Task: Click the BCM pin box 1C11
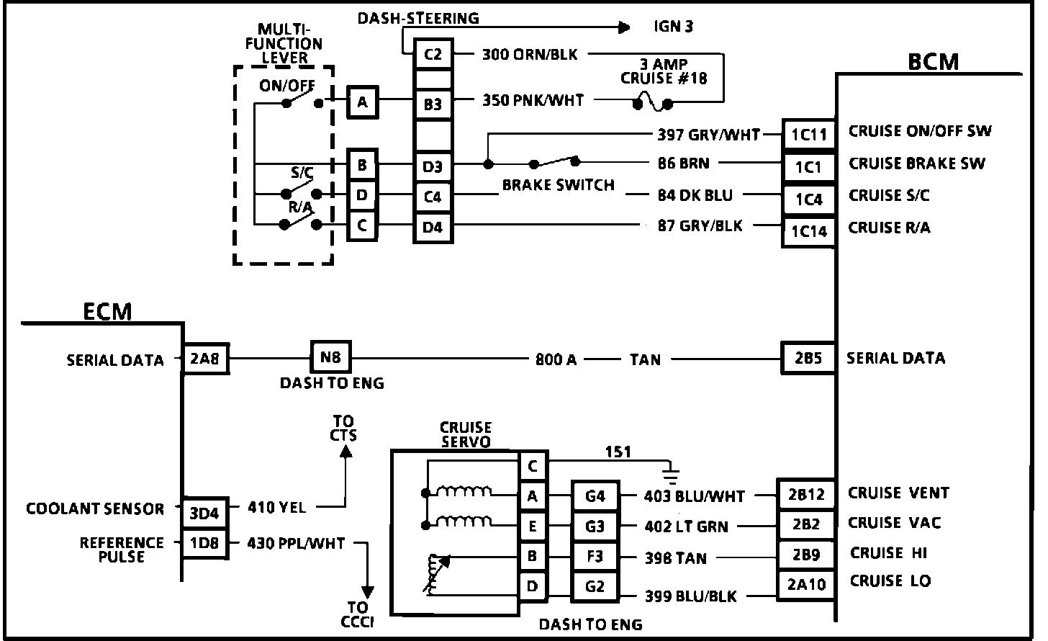808,135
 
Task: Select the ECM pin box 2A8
205,358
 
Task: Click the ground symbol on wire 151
671,473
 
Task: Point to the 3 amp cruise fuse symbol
652,104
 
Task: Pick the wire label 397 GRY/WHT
708,134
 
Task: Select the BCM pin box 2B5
808,358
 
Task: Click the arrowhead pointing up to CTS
345,452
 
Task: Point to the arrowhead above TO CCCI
367,593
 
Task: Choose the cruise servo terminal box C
532,467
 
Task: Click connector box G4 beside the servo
595,496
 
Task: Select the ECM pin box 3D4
204,513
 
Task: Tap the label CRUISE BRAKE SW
916,163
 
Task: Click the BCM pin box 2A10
805,584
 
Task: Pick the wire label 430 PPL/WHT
296,543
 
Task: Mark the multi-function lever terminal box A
362,102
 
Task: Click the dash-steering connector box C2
432,54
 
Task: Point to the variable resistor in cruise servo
435,574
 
